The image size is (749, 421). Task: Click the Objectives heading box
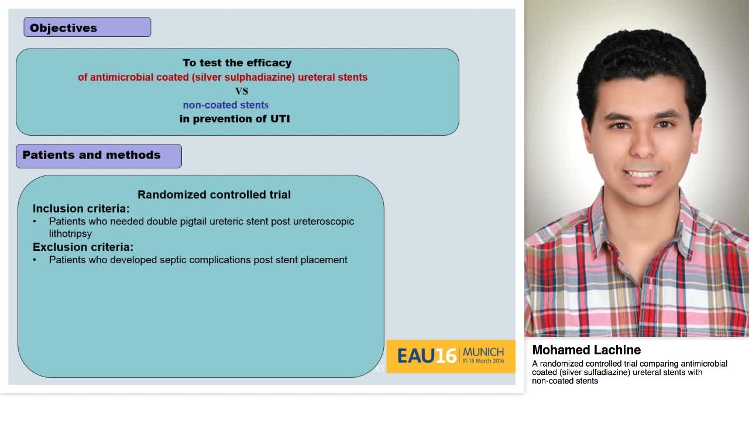[87, 27]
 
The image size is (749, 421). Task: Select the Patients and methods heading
[98, 156]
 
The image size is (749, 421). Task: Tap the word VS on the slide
[241, 91]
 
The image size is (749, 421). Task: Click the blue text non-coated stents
[225, 105]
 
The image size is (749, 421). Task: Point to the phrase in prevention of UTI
[234, 119]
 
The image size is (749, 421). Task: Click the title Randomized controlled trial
[214, 195]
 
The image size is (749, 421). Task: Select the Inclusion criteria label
[81, 209]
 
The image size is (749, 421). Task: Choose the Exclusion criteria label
[83, 247]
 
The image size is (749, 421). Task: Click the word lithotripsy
[70, 234]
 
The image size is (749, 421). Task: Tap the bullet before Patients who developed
[35, 260]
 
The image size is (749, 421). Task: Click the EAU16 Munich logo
[450, 356]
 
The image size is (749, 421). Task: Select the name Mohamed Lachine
[586, 350]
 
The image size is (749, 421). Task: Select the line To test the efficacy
[236, 63]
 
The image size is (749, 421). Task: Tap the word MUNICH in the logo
[483, 352]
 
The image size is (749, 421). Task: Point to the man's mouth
[642, 174]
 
